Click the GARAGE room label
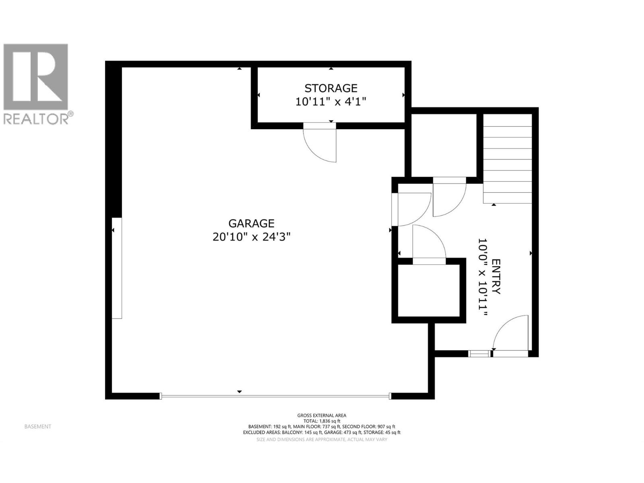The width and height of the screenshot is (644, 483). [x=251, y=223]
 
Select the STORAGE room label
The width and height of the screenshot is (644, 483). [x=331, y=88]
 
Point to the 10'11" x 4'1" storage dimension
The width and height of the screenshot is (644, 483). [x=331, y=101]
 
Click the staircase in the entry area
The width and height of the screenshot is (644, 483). [x=507, y=159]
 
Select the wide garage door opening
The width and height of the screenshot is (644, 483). [x=275, y=396]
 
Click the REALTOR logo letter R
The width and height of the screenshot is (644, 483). [x=36, y=76]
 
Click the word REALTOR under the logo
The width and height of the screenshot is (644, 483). [x=36, y=119]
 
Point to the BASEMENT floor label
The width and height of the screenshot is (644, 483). [x=38, y=427]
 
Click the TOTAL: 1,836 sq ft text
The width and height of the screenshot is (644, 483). [x=322, y=421]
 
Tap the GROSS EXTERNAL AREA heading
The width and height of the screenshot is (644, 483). [x=322, y=415]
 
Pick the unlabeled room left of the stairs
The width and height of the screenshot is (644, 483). [x=444, y=145]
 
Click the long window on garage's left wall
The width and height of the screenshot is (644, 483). [x=117, y=268]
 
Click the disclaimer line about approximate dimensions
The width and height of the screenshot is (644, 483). [x=322, y=440]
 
